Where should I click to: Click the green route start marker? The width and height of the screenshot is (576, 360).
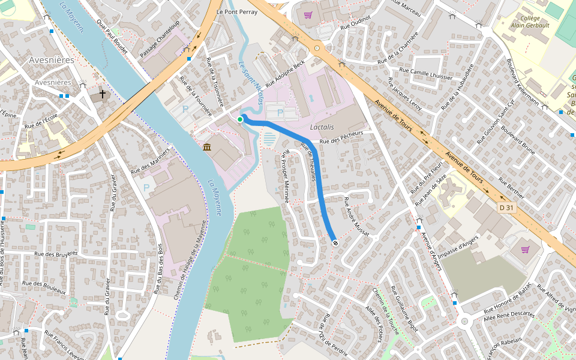point(240,120)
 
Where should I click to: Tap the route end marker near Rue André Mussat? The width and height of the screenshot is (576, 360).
point(335,243)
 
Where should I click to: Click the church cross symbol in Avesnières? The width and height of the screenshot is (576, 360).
point(103,94)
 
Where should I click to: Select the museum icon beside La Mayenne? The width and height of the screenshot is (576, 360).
point(207,148)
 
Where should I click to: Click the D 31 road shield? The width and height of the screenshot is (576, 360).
point(507,208)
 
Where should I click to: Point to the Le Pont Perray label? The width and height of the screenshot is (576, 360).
point(236,11)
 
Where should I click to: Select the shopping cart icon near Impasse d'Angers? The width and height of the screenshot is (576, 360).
point(526,249)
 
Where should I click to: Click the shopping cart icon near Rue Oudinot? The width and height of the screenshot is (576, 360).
point(308,15)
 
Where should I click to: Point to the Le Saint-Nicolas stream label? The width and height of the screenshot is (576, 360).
point(251,83)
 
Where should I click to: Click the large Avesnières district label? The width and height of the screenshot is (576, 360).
point(52,60)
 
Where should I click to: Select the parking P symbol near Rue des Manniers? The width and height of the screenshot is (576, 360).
point(146,188)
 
